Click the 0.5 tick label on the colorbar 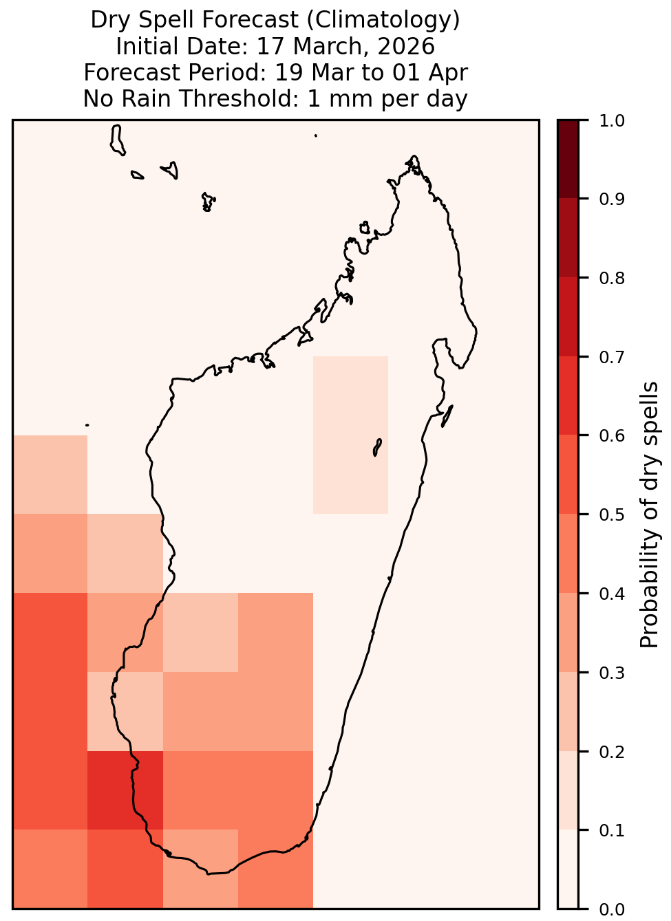612,514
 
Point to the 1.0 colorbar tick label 612,120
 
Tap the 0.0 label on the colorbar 612,909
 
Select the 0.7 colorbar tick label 612,357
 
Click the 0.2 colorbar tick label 612,751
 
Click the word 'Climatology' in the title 383,20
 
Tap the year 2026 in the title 405,46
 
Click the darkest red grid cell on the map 125,790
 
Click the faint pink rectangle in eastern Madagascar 350,435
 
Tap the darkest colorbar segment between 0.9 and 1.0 568,160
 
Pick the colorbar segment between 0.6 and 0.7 568,396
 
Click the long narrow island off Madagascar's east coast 447,415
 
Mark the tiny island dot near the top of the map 316,136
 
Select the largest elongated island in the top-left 117,140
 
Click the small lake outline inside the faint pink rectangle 377,447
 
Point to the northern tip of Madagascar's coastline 414,156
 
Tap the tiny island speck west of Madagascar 87,425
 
